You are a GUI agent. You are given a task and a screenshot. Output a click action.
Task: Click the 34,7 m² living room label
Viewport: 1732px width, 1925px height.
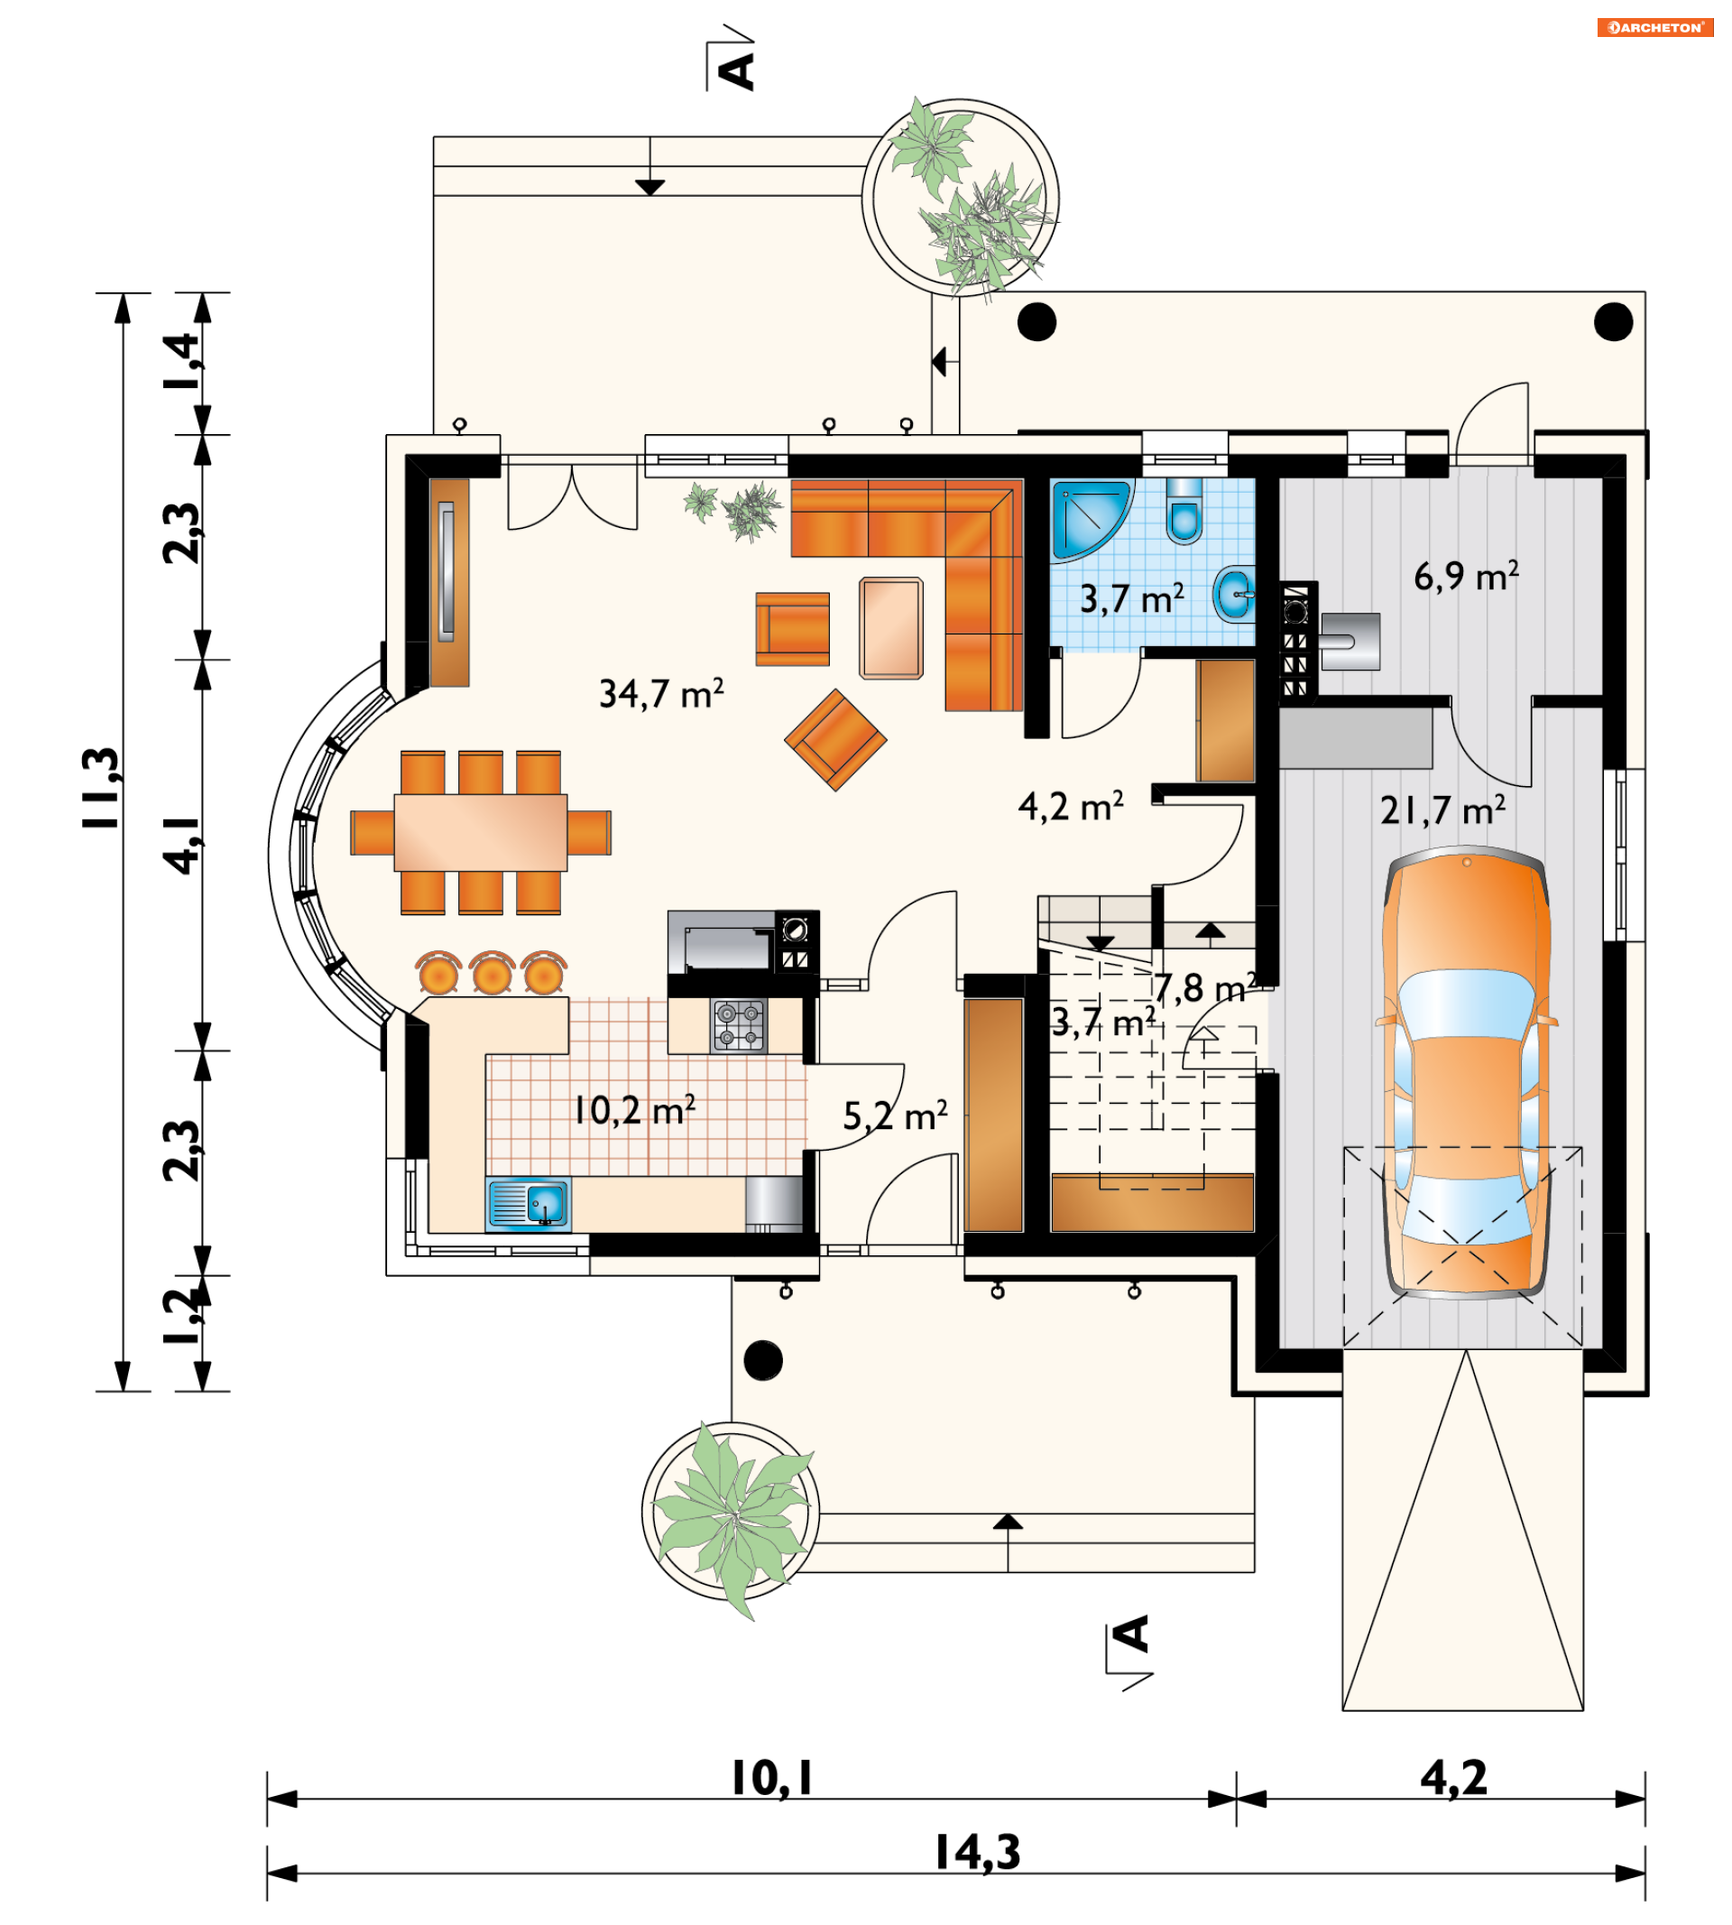pos(661,693)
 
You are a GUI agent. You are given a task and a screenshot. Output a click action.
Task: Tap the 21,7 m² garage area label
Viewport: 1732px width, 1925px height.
pos(1442,810)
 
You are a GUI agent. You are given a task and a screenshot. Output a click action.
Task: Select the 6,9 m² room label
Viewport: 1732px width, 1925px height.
pos(1466,576)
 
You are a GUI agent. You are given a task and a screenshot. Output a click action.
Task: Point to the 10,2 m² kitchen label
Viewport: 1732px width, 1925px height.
pos(635,1110)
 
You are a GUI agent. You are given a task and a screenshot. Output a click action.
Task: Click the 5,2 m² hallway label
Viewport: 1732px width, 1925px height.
pos(896,1115)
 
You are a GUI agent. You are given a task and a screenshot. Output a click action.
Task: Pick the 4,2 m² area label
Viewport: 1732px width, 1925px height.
pos(1071,806)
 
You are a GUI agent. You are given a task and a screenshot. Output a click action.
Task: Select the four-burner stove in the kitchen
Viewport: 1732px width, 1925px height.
pos(740,1025)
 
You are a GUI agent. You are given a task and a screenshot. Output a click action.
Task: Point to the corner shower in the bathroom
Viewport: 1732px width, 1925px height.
pos(1092,520)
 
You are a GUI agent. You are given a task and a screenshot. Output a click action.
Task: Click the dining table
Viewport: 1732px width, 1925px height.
pos(481,832)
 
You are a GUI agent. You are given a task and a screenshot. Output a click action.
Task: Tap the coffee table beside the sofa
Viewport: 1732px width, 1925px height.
pos(890,628)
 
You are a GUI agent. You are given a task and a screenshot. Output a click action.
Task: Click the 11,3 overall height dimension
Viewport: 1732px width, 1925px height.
pos(103,788)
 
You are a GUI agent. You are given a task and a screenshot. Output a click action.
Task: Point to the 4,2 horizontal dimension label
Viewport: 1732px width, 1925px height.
pos(1453,1777)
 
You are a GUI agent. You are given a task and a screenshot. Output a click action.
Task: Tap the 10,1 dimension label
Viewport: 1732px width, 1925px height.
pos(772,1777)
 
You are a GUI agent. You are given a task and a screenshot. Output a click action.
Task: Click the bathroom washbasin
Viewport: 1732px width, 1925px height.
pos(1234,594)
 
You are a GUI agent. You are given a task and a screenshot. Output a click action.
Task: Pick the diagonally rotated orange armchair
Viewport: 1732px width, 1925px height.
pos(835,740)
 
